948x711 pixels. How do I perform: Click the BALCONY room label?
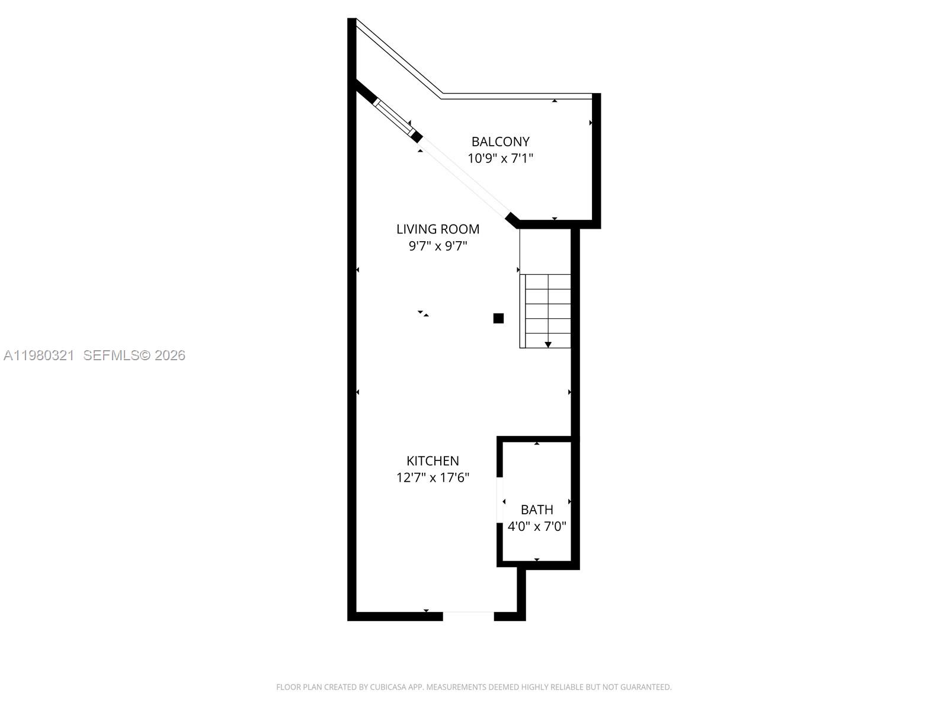pos(500,142)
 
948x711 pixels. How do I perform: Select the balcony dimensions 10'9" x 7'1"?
pos(500,158)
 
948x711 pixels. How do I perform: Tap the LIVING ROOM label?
pos(438,229)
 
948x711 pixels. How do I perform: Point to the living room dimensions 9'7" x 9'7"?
pos(438,246)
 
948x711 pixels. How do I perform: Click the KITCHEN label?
pos(433,460)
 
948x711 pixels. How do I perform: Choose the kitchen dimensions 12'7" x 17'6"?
pos(433,478)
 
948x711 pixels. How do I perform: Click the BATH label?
pos(537,510)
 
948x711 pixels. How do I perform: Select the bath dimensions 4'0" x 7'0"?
pos(537,526)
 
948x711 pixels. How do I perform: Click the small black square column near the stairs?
pos(498,318)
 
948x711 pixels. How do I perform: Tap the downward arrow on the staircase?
pos(548,344)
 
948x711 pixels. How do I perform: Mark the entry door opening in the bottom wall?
pos(468,616)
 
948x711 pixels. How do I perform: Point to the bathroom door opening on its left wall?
pos(500,501)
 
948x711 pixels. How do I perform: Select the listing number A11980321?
pos(39,355)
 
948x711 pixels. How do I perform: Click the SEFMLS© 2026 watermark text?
pos(134,355)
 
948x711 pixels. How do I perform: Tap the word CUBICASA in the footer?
pos(388,687)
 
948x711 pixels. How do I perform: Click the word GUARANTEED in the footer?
pos(645,687)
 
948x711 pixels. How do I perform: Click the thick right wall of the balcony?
pos(597,160)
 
